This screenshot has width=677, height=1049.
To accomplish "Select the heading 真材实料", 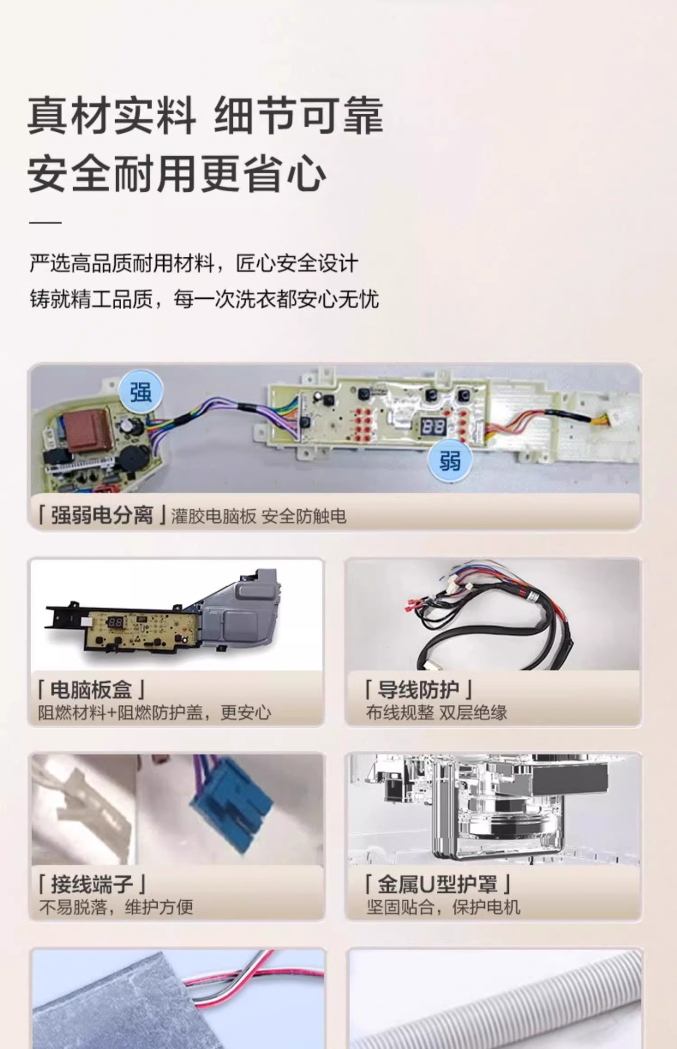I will (111, 116).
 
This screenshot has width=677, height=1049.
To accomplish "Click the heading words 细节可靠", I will (298, 116).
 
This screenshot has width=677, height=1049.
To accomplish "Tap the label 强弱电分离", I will (102, 515).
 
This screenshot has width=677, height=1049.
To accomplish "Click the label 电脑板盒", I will (91, 689).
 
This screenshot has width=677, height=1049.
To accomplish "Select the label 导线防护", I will (418, 689).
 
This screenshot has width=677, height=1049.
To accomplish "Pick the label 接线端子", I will (92, 883).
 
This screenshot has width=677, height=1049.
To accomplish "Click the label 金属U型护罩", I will (437, 883).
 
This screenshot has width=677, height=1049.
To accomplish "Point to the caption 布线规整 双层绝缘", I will (437, 712).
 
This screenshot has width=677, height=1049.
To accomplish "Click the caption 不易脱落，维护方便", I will (116, 907).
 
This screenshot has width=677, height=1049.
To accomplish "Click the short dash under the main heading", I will (45, 223).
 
